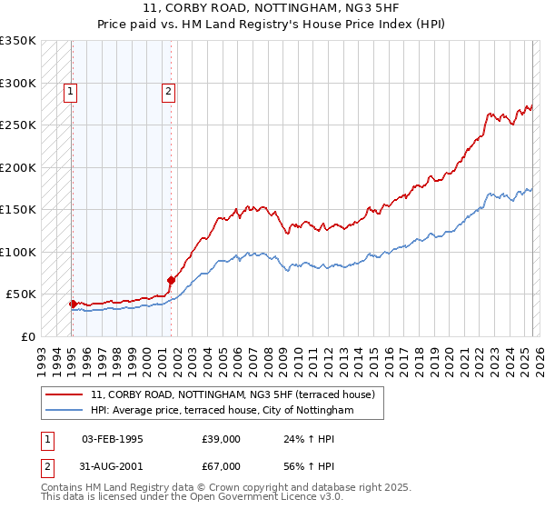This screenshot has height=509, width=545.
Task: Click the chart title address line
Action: (x=272, y=9)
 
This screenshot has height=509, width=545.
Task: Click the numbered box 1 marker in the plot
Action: (x=71, y=90)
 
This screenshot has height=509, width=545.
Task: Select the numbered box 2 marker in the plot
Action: (x=170, y=90)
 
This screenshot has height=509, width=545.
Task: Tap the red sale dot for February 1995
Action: (x=73, y=304)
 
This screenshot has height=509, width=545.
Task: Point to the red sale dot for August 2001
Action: (x=171, y=280)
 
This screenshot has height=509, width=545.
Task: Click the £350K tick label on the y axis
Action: (x=18, y=41)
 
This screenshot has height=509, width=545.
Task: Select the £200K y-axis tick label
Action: (x=18, y=167)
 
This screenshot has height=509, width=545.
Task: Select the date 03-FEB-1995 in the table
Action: (x=113, y=439)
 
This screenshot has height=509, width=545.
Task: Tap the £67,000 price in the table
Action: (x=222, y=466)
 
